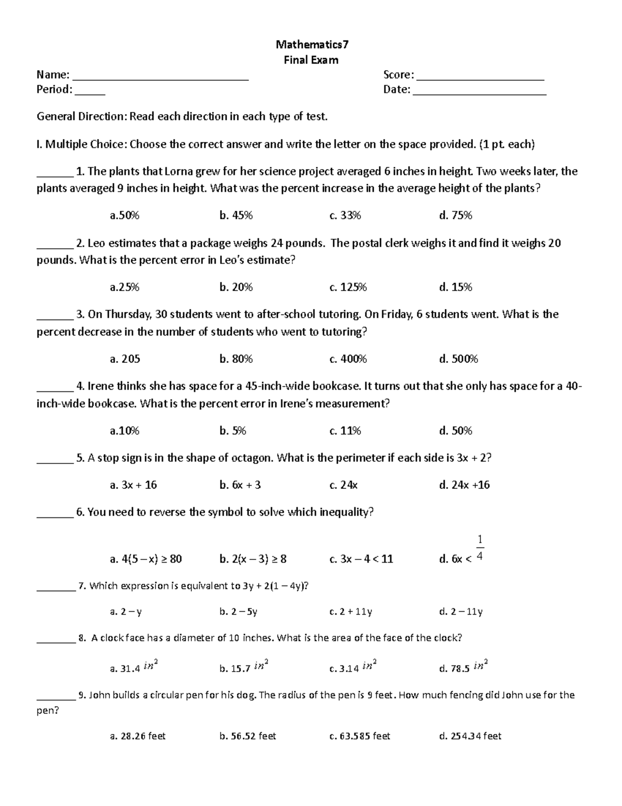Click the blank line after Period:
click(x=90, y=94)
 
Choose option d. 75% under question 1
click(x=456, y=215)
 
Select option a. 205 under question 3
click(x=125, y=359)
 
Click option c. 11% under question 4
click(x=345, y=431)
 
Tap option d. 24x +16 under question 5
click(x=464, y=485)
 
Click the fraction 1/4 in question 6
click(x=480, y=549)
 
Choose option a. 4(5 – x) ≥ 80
click(x=146, y=559)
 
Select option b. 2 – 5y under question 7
click(x=238, y=612)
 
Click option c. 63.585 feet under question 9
click(x=360, y=736)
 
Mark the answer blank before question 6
click(x=55, y=516)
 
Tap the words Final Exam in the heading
click(x=311, y=60)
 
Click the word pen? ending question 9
click(x=48, y=711)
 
